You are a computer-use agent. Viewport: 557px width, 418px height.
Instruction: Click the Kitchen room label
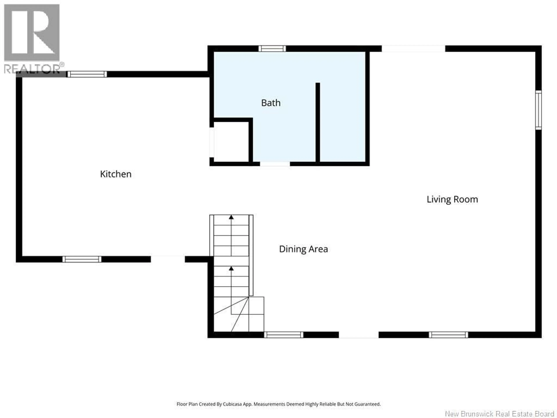116,174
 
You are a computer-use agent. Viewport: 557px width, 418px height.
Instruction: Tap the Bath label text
271,103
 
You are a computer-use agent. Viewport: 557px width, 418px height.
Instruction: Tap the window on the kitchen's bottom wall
82,259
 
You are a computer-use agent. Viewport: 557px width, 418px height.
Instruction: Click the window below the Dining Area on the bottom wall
284,335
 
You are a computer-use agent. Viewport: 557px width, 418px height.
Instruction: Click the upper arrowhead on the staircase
231,217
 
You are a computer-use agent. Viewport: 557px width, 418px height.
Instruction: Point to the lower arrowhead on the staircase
231,269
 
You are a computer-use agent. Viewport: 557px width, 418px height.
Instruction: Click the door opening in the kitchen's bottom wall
168,259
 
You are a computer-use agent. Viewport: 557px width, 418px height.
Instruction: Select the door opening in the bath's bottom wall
275,164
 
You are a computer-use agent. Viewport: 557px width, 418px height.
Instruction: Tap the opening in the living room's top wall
413,48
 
